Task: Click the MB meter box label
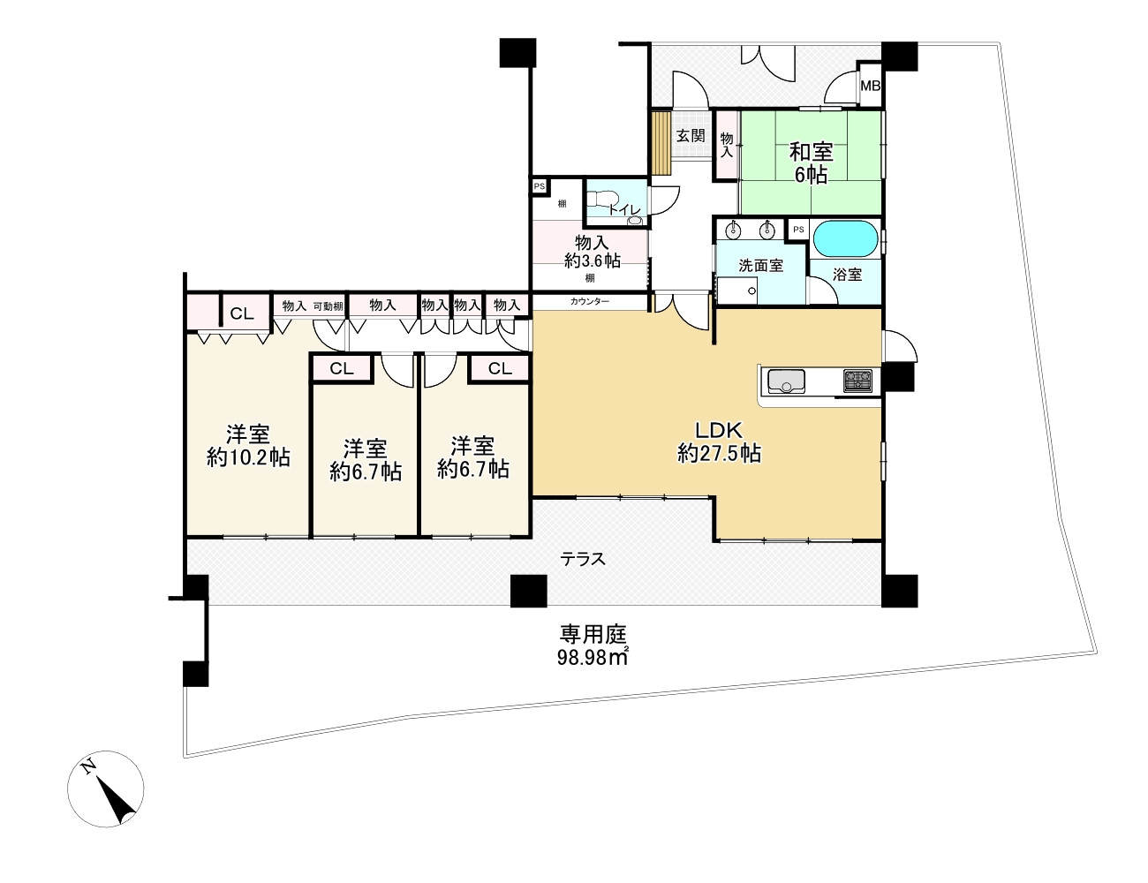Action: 870,85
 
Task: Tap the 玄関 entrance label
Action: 691,136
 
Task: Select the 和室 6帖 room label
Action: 811,162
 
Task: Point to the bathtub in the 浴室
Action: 845,238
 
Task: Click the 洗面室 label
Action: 760,266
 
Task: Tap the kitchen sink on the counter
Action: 786,381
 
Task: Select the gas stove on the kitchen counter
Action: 857,381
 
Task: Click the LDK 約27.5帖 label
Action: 719,442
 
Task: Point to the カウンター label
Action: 590,302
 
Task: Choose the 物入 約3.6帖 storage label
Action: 592,252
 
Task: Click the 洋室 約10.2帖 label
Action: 248,446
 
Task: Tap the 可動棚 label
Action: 329,306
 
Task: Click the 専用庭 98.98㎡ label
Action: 593,645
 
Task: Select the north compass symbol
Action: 106,789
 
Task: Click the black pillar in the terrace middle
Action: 528,591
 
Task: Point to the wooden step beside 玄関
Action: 661,142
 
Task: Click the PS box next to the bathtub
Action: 798,230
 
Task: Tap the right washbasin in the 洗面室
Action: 767,230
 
